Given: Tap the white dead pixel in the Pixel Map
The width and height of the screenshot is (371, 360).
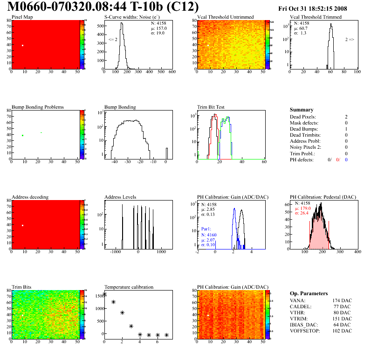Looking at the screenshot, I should [x=22, y=45].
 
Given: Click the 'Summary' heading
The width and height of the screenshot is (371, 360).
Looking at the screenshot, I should [x=301, y=110].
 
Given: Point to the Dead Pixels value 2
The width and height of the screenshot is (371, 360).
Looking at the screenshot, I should [x=346, y=117].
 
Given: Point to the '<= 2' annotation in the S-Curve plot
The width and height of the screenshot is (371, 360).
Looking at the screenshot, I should [x=113, y=40].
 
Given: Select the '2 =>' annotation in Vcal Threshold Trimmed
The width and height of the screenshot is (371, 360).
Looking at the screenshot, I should [x=350, y=40].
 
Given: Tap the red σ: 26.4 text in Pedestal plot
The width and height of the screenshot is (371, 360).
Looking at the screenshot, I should [x=303, y=214].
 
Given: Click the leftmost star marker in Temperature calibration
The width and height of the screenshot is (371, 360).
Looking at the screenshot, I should [x=104, y=294].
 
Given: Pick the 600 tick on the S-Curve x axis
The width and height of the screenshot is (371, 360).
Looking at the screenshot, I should [x=172, y=72].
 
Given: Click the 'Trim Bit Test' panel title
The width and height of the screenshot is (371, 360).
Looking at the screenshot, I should [x=212, y=107].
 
